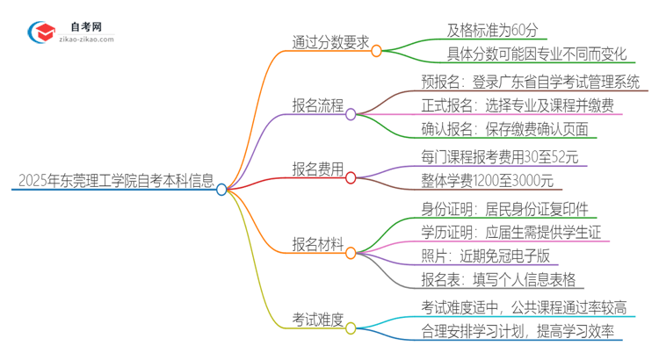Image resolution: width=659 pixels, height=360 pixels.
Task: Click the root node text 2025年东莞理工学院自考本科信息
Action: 115,182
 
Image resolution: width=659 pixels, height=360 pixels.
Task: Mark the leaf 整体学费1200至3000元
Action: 487,181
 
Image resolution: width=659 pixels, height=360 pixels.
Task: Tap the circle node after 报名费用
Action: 351,177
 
